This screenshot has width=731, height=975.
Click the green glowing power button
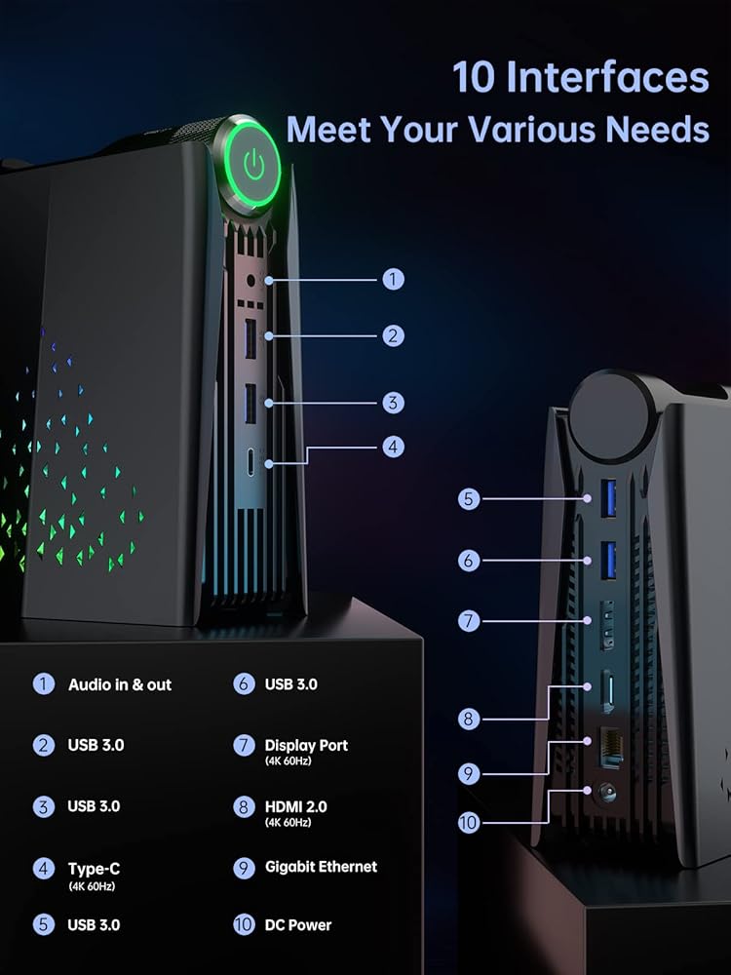[253, 166]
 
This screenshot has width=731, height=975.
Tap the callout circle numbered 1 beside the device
[393, 280]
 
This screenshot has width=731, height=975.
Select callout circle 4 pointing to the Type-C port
[393, 447]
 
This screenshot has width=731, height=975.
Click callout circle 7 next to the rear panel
[469, 620]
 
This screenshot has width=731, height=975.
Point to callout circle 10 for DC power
[469, 823]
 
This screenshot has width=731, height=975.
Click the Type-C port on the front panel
[252, 462]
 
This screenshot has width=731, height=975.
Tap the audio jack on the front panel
[253, 281]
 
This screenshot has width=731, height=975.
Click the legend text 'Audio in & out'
[119, 684]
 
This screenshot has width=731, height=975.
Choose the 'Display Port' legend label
[306, 745]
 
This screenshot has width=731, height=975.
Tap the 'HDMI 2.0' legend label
[295, 806]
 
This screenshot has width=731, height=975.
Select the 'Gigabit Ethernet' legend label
[321, 867]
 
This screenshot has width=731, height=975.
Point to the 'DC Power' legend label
[298, 925]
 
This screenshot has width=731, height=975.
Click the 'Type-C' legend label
[94, 868]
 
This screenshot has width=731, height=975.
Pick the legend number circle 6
[244, 683]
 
